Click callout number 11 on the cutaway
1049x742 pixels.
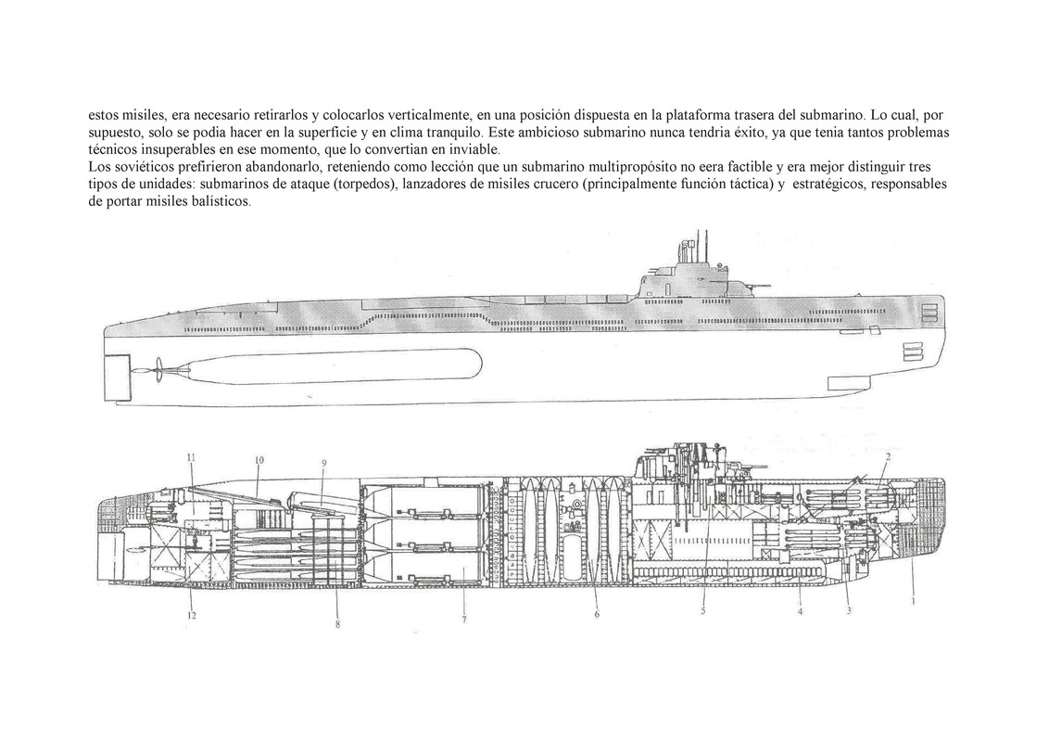(x=190, y=457)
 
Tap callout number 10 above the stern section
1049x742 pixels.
(x=259, y=460)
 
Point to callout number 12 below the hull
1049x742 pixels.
(x=191, y=615)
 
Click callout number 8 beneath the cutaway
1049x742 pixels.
(x=337, y=624)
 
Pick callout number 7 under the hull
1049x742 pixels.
(x=463, y=620)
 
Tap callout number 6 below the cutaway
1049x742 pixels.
(x=598, y=615)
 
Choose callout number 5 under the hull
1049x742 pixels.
(x=703, y=609)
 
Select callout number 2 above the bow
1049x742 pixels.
(x=888, y=456)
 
